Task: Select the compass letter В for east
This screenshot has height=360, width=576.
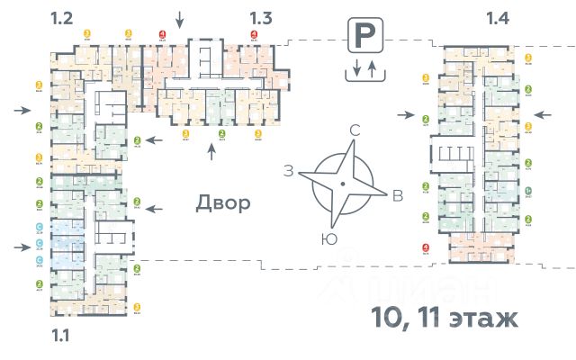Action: pos(397,198)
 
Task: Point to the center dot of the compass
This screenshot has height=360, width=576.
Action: pos(342,184)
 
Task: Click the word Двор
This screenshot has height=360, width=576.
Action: pos(222,203)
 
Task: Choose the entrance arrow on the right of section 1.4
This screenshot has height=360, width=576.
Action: pos(543,114)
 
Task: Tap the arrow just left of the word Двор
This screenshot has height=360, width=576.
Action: pos(155,208)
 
